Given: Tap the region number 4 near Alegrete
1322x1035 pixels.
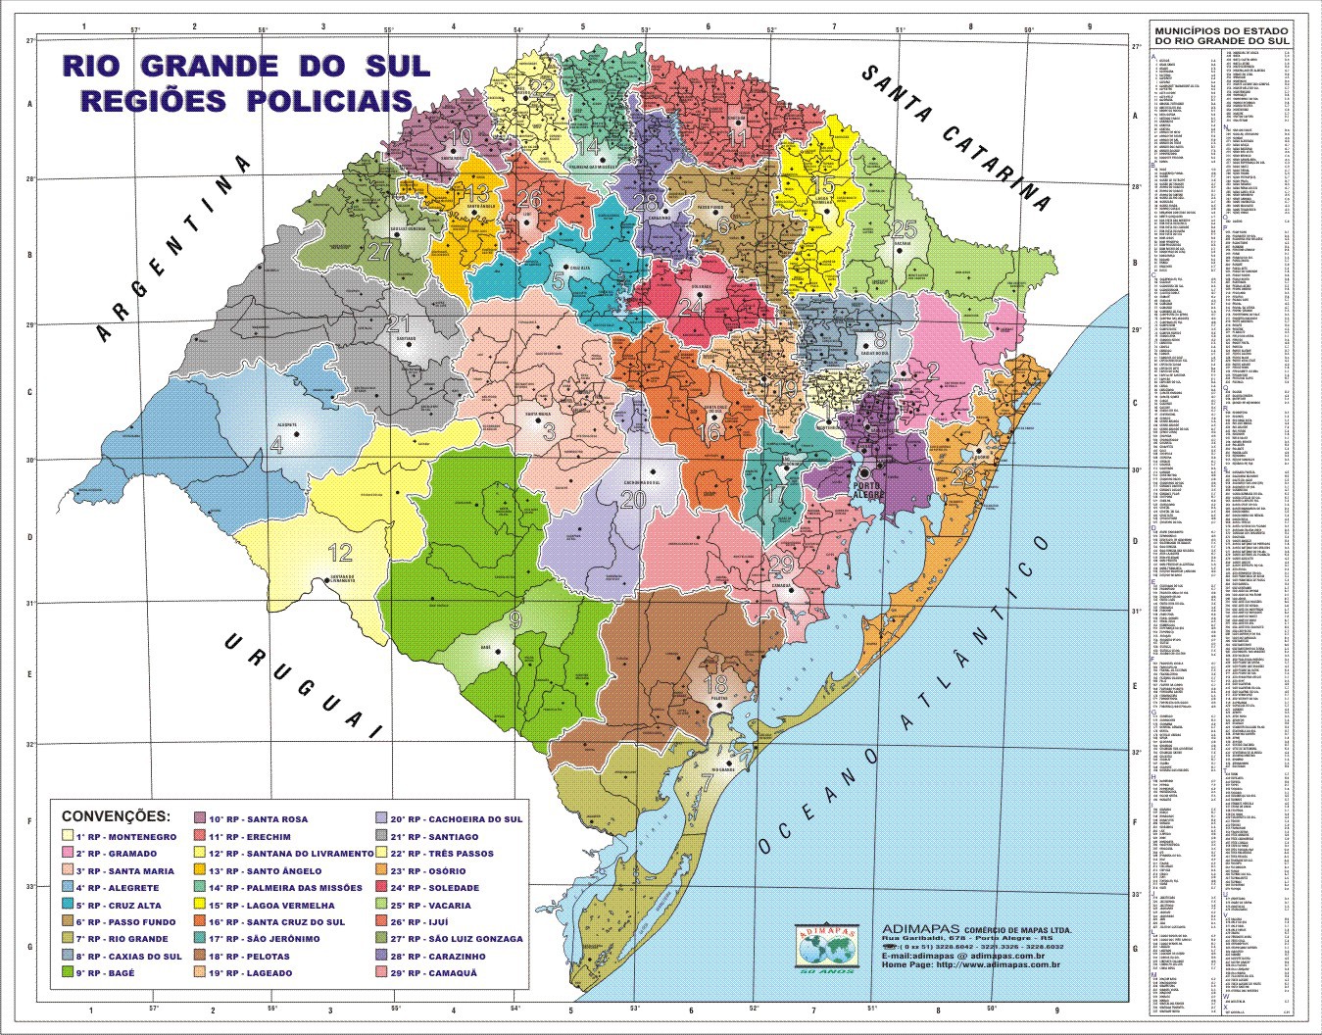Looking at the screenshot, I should point(276,445).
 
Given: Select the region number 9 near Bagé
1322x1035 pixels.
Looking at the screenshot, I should point(514,619).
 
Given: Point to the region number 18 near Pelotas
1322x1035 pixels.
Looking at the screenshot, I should point(716,683).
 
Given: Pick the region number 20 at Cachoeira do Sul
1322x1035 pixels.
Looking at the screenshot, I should point(633,500).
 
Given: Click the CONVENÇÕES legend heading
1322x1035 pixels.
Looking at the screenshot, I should point(115,815).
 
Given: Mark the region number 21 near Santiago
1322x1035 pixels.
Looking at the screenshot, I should point(399,323).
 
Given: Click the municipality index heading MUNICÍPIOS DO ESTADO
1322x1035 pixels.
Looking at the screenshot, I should point(1220,32).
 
